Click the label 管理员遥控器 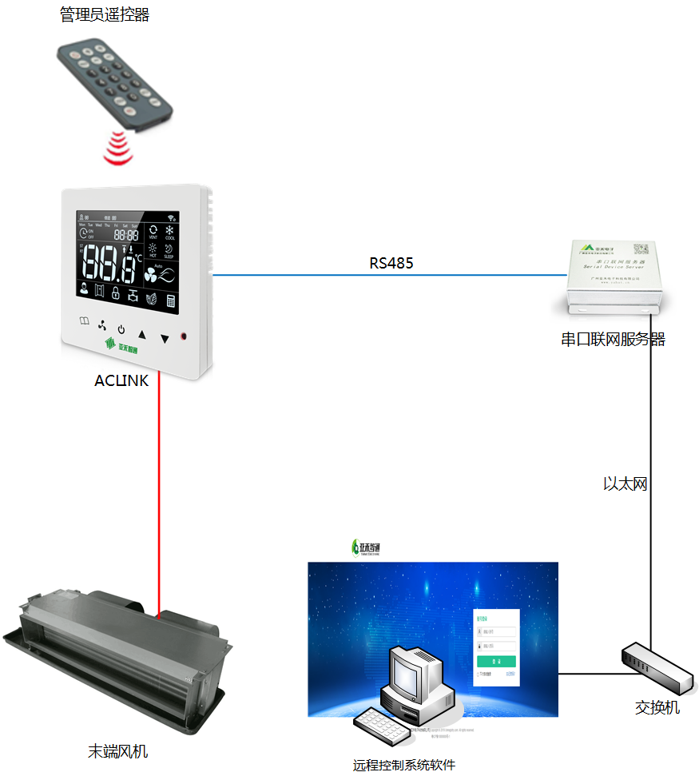coord(105,14)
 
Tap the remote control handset coord(114,84)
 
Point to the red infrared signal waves coord(118,149)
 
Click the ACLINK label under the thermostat coord(121,381)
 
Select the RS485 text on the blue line coord(391,263)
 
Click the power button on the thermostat coord(121,329)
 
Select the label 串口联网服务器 coord(614,340)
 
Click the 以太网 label coord(625,483)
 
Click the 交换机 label coord(657,707)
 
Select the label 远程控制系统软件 coord(404,765)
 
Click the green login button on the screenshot coord(496,662)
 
